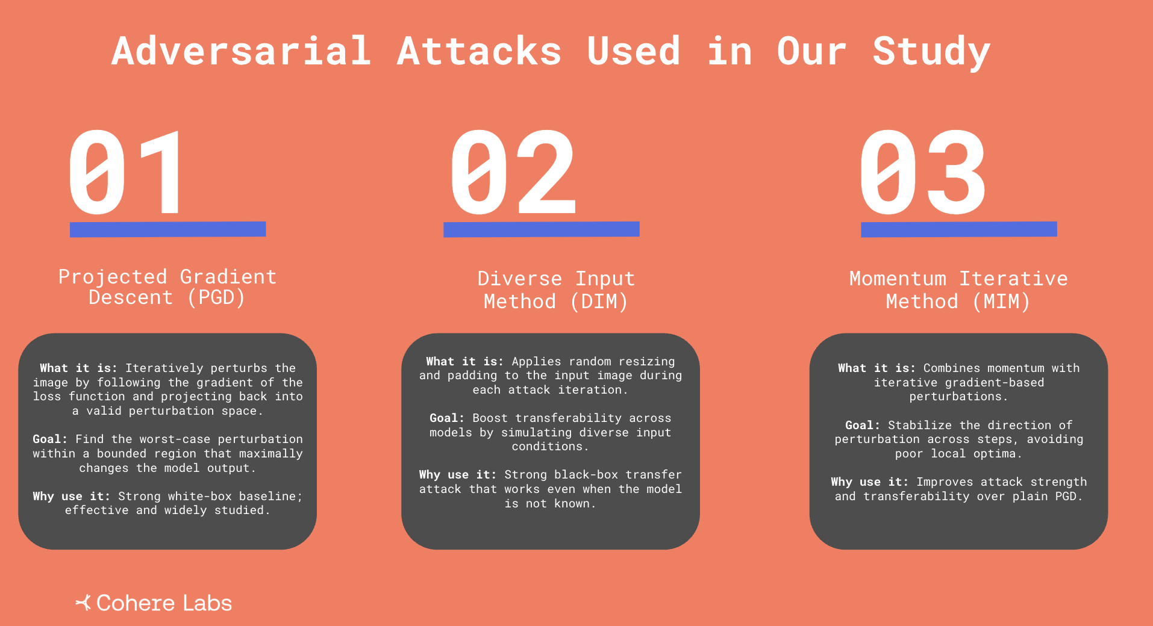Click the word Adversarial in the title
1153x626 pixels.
pos(241,51)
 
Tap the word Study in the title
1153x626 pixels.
pos(931,52)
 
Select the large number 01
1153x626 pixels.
pos(125,172)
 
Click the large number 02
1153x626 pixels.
pos(513,172)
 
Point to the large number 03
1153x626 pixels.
pos(922,172)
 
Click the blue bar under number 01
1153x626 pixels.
pos(167,229)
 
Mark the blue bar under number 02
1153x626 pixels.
pos(541,229)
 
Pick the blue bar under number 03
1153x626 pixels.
pos(958,229)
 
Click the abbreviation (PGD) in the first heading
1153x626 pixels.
pos(216,297)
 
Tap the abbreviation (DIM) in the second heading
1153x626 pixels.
pos(599,301)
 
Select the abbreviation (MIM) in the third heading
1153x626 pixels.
pos(1001,301)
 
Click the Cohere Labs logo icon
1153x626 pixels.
pos(83,602)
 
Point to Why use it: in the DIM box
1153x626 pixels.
pos(458,474)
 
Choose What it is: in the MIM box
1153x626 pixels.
pos(876,368)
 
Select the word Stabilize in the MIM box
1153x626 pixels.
pos(920,425)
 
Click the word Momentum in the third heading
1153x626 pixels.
pos(898,278)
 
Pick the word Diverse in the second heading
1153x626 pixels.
pos(520,278)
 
